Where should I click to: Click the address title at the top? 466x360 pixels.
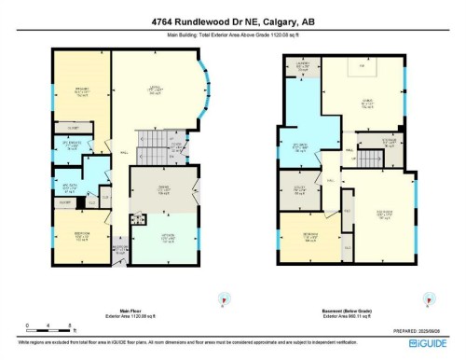[x=232, y=23]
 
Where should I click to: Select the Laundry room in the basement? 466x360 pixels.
[x=301, y=66]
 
